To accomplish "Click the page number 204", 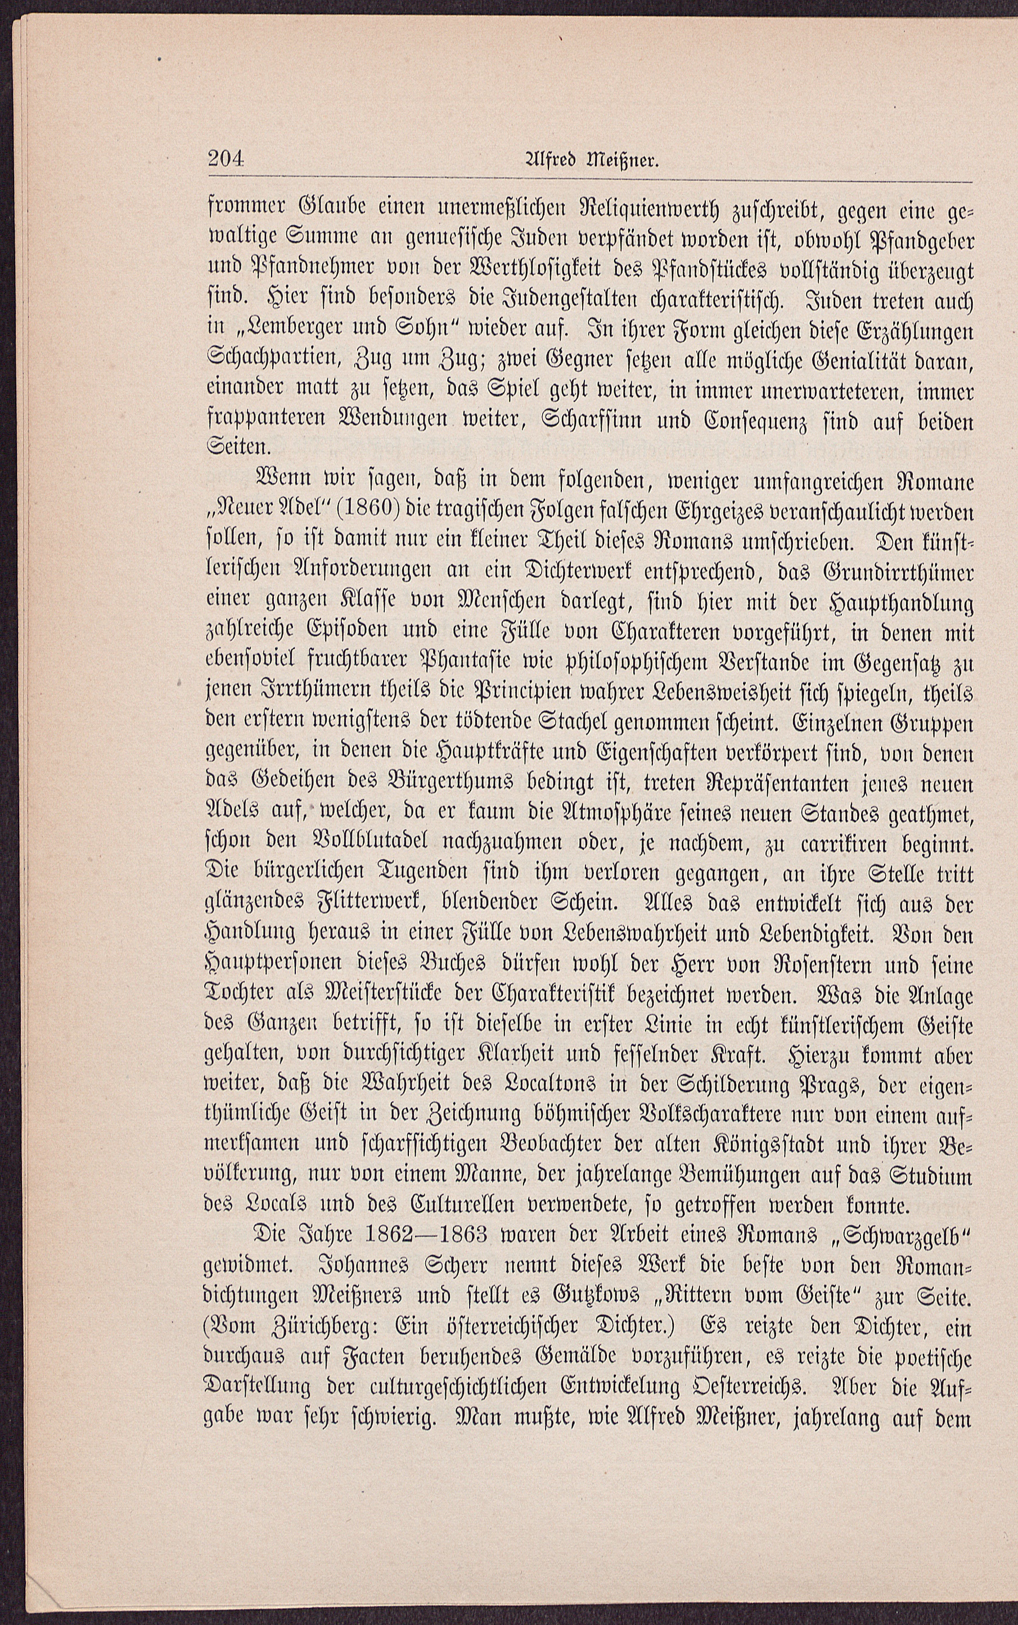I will point(225,161).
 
